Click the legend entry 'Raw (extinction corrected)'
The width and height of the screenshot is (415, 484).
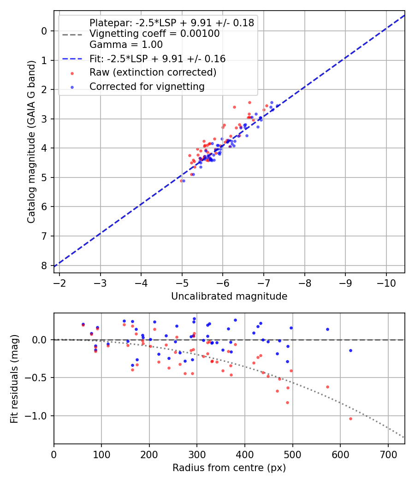pos(153,72)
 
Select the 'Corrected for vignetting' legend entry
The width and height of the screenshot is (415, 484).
pos(147,86)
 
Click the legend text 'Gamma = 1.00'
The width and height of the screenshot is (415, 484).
pos(126,45)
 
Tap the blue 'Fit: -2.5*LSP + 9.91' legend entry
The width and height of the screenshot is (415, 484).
pos(157,59)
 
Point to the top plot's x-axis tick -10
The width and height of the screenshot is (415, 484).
pos(386,283)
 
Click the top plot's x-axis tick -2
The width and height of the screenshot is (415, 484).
pos(59,283)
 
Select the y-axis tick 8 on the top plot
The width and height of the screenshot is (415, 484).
pos(44,266)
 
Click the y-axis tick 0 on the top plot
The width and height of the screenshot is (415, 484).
pos(44,31)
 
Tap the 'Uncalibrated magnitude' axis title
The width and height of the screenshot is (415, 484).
pos(229,296)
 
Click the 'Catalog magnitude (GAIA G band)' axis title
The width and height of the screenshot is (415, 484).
pos(31,142)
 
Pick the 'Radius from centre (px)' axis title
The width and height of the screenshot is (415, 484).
pos(229,468)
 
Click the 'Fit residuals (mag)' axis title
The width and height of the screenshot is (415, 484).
pos(14,378)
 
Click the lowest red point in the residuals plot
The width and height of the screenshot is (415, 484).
pos(350,419)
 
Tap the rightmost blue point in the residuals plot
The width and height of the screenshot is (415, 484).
pos(350,350)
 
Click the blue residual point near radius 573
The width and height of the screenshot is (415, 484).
pos(327,329)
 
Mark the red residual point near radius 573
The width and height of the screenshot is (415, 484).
pos(327,387)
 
